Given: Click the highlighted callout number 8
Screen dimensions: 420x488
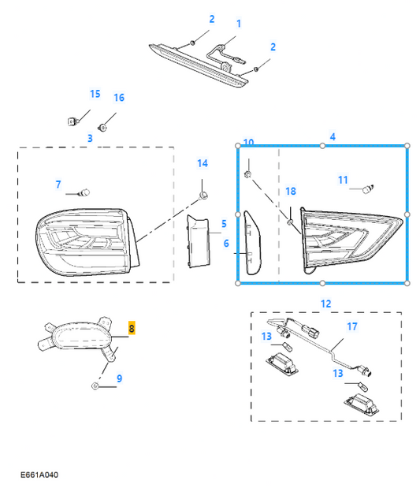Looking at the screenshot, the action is [132, 328].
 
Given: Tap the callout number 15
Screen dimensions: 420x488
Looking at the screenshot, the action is [95, 94].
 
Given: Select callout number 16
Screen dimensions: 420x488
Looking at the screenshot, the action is [119, 98].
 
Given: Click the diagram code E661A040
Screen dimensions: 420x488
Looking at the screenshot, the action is [39, 475].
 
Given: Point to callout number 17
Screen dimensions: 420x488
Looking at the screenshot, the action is [352, 326].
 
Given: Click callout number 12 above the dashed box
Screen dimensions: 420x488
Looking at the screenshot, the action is [325, 304].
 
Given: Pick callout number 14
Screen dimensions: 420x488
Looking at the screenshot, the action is [203, 163].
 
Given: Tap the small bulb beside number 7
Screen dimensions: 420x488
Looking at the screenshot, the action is [84, 193].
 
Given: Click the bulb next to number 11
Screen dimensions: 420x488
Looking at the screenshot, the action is [368, 188].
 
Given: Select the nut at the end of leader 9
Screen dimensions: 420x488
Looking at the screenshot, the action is [95, 386].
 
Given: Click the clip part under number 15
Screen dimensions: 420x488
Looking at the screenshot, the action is [72, 121].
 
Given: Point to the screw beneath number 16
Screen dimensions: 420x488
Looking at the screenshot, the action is [102, 127].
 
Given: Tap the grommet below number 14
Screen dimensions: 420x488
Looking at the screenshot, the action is [203, 196].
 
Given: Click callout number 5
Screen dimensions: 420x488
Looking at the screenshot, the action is [224, 224].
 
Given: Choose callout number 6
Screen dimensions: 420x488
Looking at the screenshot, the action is [226, 244].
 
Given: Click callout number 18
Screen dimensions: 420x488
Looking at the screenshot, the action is [291, 191].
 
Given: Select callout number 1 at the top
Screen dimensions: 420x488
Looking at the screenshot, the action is [239, 24].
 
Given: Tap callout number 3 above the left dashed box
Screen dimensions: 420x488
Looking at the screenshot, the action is [90, 138].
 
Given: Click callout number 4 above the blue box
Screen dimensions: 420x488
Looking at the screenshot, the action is [333, 137].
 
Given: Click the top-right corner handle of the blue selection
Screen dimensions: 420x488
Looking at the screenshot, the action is [407, 146].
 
